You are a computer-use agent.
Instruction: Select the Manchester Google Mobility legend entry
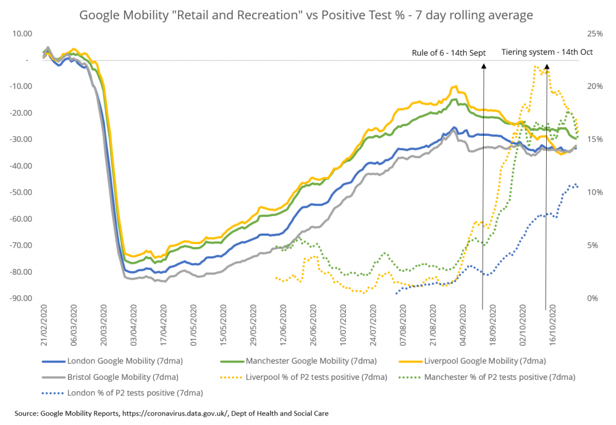[311, 361]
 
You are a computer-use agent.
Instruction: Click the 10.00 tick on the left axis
[21, 34]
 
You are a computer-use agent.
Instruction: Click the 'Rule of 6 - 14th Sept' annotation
[448, 52]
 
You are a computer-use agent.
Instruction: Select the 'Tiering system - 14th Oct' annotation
[547, 52]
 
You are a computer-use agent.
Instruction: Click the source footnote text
[172, 414]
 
